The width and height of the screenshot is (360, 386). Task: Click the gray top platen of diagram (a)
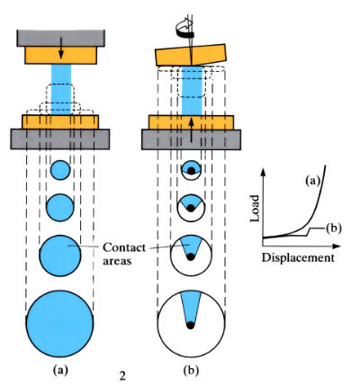(60, 39)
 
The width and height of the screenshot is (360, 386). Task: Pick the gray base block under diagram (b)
(194, 139)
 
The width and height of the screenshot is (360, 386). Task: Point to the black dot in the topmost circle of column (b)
(191, 168)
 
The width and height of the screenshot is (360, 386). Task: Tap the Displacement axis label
(299, 257)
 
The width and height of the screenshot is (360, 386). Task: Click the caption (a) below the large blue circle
(59, 369)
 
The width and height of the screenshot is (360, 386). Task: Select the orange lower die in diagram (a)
(60, 121)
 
